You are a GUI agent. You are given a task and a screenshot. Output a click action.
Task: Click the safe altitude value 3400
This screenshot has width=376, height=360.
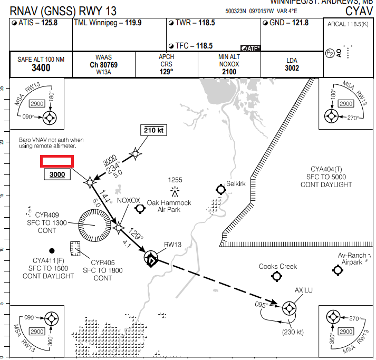tap(41, 68)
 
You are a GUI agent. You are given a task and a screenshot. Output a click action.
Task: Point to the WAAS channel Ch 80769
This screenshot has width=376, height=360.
tap(103, 65)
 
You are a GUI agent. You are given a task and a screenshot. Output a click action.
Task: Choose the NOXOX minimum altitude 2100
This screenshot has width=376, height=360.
tap(229, 72)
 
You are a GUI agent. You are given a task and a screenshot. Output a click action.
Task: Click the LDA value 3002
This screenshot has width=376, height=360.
tap(292, 68)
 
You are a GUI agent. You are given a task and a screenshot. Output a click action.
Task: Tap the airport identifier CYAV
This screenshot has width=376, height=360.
tap(359, 11)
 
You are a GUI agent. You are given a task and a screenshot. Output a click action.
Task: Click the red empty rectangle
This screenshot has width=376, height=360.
tap(57, 162)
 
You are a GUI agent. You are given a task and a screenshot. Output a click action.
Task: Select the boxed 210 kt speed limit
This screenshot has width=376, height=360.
tap(154, 130)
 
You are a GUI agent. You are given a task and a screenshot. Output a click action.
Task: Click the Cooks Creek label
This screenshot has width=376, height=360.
tap(278, 267)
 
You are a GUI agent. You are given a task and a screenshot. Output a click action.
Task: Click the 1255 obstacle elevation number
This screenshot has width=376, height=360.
tap(175, 180)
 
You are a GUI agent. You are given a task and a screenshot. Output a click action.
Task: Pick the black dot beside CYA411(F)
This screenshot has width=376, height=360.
tap(52, 250)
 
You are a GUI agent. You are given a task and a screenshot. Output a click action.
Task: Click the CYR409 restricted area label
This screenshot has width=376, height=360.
tap(48, 215)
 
